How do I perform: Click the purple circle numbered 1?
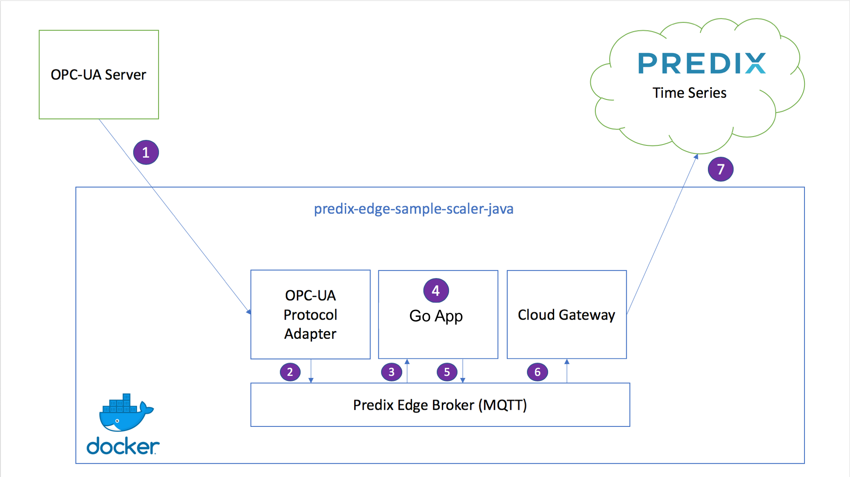(146, 152)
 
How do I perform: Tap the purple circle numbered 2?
(290, 372)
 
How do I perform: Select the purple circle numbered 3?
(392, 372)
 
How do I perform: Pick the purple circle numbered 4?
(436, 291)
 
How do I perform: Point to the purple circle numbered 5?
(447, 372)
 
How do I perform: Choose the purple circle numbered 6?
(537, 372)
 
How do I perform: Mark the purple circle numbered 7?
(720, 169)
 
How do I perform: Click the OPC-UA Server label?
(98, 75)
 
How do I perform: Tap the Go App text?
(436, 316)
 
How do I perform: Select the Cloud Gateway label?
(566, 315)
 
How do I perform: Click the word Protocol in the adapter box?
(310, 315)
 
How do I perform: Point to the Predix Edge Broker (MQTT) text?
(440, 405)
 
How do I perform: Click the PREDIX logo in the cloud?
(702, 63)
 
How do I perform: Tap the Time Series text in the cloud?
(689, 93)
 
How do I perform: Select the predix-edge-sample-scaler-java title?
(414, 209)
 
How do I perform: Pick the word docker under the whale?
(123, 446)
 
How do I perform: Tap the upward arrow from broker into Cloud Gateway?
(567, 371)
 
